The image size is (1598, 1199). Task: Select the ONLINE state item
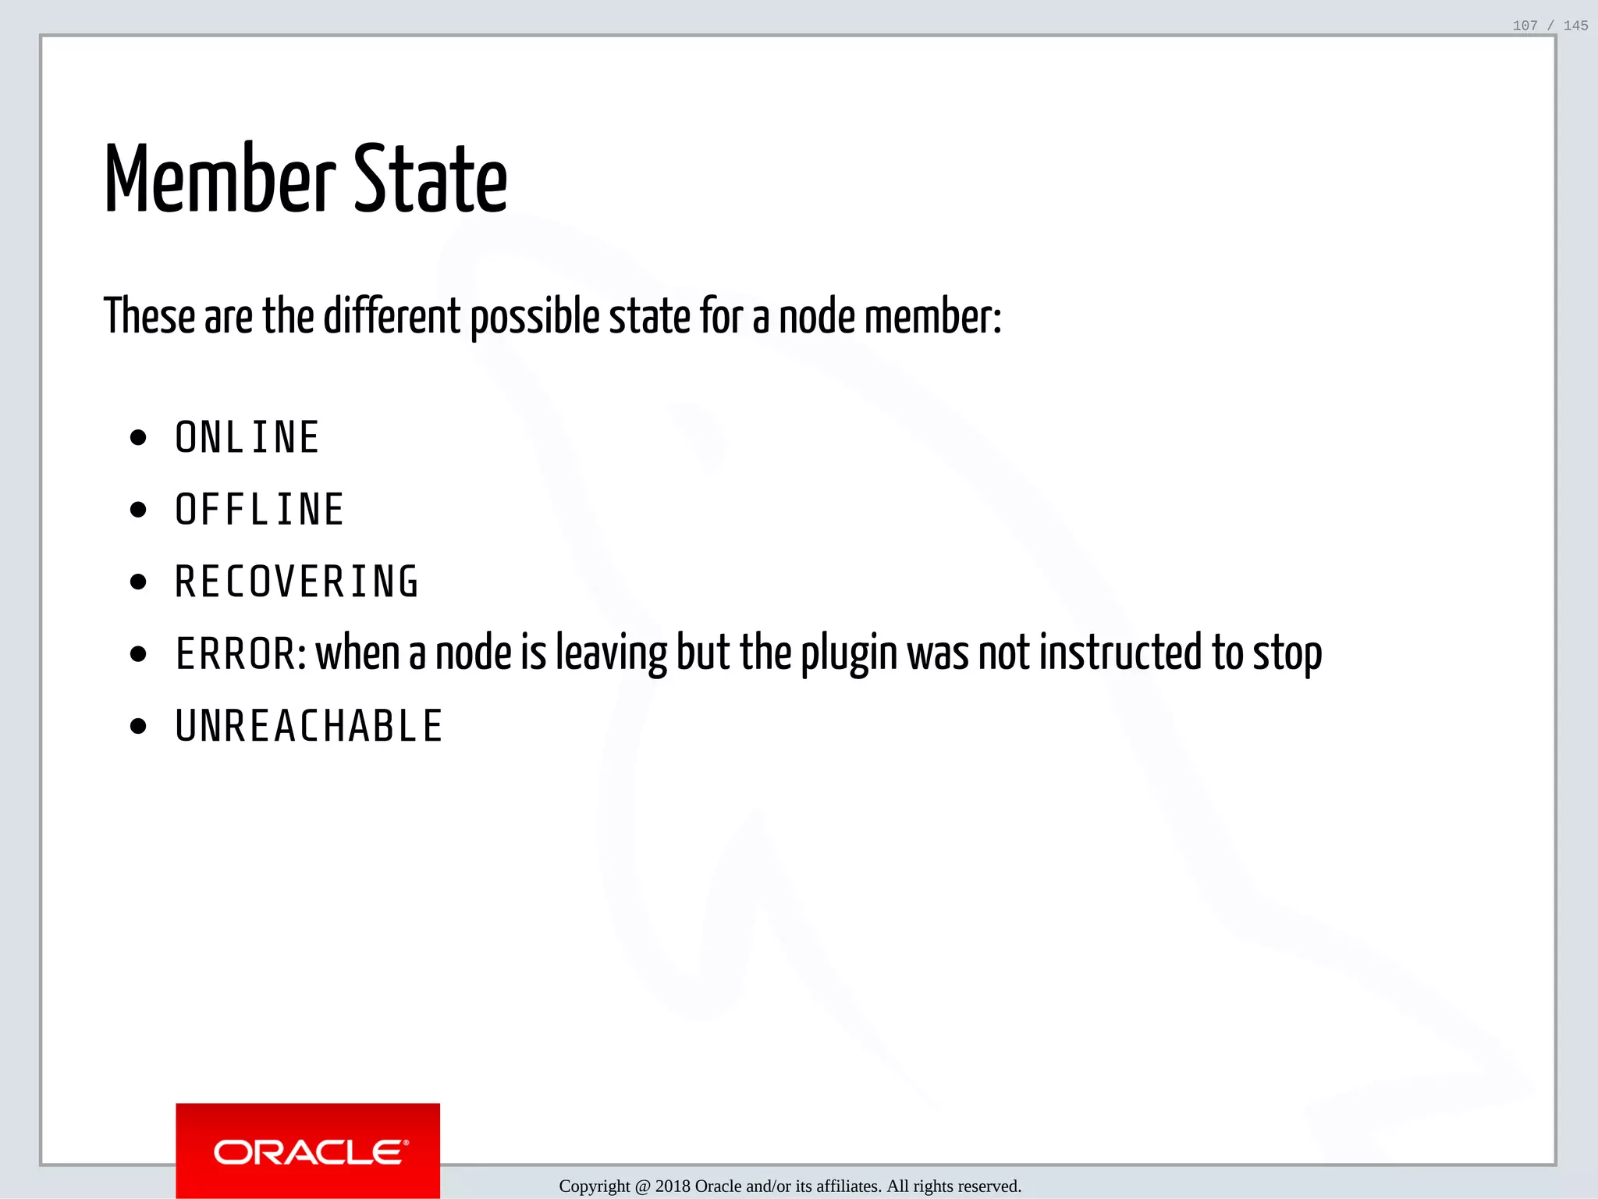point(247,437)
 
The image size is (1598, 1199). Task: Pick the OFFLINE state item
point(260,510)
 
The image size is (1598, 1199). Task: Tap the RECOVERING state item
point(297,582)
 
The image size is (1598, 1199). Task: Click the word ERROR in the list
point(235,654)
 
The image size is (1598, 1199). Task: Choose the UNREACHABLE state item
point(310,727)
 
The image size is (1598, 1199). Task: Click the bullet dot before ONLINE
point(139,438)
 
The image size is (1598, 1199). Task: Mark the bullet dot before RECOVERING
point(139,582)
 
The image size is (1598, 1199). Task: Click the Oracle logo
point(308,1152)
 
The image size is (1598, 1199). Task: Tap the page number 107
point(1525,26)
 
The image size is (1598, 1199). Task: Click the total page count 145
point(1575,26)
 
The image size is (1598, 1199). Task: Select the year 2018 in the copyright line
point(673,1187)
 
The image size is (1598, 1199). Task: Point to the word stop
point(1287,654)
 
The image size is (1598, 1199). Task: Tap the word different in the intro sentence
point(392,317)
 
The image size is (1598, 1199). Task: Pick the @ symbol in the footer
point(642,1187)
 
